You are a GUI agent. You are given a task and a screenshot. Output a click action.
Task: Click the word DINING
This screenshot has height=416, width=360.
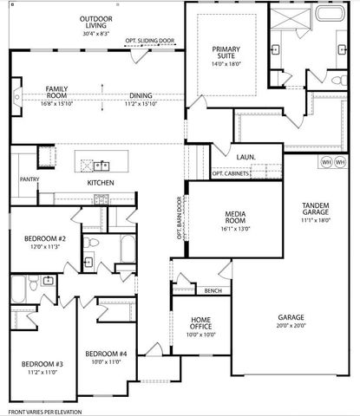point(141,96)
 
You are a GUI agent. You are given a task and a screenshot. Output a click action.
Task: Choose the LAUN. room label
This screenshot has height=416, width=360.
point(245,157)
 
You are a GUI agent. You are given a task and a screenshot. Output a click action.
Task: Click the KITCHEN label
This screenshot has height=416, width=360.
point(101,183)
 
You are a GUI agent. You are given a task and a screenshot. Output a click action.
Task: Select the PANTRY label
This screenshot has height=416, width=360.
point(18,179)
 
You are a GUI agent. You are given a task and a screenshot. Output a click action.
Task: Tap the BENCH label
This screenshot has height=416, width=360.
point(213,290)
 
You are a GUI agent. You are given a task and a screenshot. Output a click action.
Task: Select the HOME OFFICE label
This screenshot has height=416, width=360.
point(200,324)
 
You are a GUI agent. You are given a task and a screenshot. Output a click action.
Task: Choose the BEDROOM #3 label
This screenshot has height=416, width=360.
point(42,364)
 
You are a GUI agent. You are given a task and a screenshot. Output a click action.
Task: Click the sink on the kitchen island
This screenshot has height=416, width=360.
point(102,164)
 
